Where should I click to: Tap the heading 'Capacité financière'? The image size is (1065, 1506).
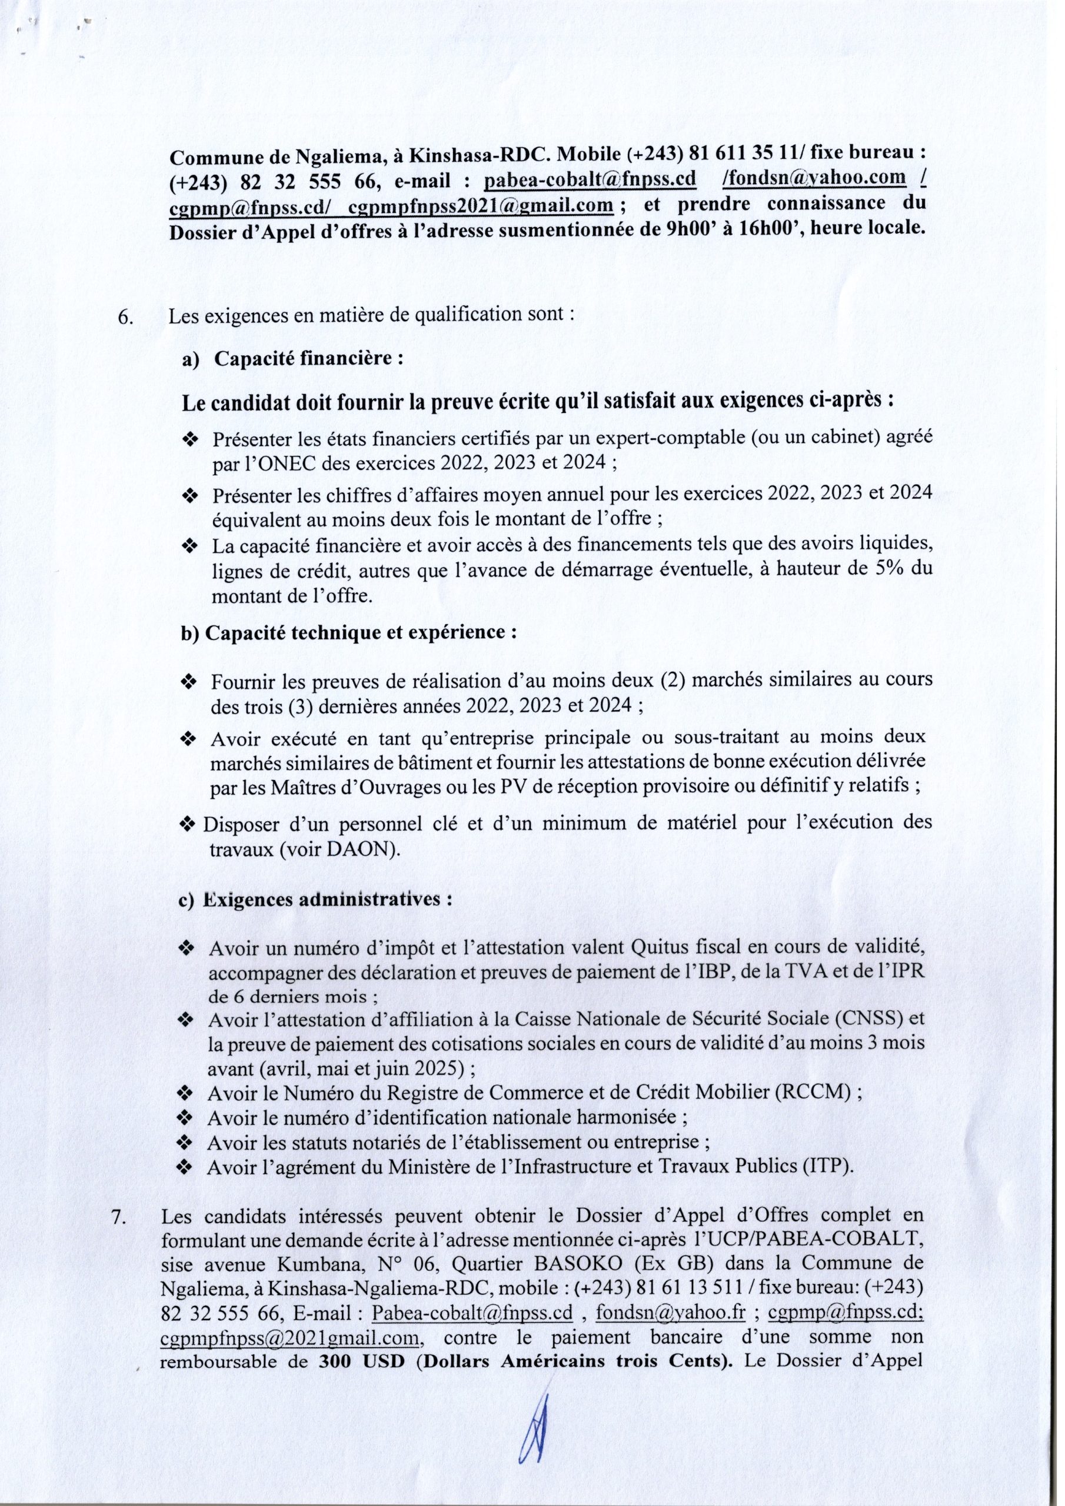click(x=307, y=359)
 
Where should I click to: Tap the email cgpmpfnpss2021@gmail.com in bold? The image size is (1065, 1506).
click(x=481, y=206)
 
